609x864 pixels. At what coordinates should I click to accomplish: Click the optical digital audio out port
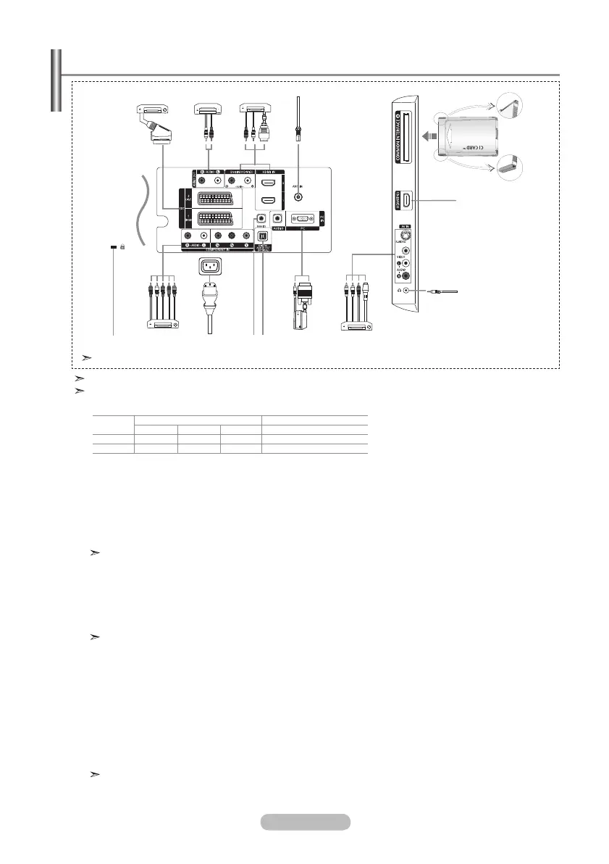click(x=263, y=234)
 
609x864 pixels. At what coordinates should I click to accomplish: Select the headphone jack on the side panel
click(x=406, y=290)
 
